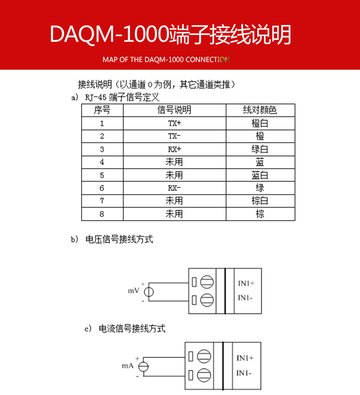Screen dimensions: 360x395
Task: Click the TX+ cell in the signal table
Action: [x=174, y=123]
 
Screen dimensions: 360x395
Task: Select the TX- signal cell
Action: [x=174, y=136]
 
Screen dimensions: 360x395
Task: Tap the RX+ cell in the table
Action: [x=174, y=149]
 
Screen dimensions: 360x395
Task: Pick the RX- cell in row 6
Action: [x=174, y=188]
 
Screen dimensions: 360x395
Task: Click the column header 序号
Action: [x=102, y=110]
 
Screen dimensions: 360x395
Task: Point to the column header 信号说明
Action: [x=174, y=110]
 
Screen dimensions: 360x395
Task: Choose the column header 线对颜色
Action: [x=260, y=110]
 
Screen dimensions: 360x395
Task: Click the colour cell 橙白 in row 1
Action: [x=260, y=123]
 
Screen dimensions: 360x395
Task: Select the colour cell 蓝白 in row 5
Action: [x=260, y=175]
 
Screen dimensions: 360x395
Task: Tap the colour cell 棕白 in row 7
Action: [x=260, y=201]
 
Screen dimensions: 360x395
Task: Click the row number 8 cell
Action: [x=102, y=214]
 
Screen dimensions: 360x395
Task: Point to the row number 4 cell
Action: [x=102, y=162]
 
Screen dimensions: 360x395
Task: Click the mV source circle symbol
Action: [x=149, y=292]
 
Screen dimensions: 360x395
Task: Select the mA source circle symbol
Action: [x=143, y=366]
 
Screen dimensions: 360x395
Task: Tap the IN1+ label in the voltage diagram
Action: [x=246, y=284]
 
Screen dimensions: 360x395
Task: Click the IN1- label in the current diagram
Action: [x=245, y=373]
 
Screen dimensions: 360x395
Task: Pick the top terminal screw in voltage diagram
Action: [x=207, y=282]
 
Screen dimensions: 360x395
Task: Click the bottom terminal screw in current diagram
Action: [x=204, y=374]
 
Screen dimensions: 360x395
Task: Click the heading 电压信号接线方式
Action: [x=119, y=239]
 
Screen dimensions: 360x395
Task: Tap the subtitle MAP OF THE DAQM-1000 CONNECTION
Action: [x=166, y=60]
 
